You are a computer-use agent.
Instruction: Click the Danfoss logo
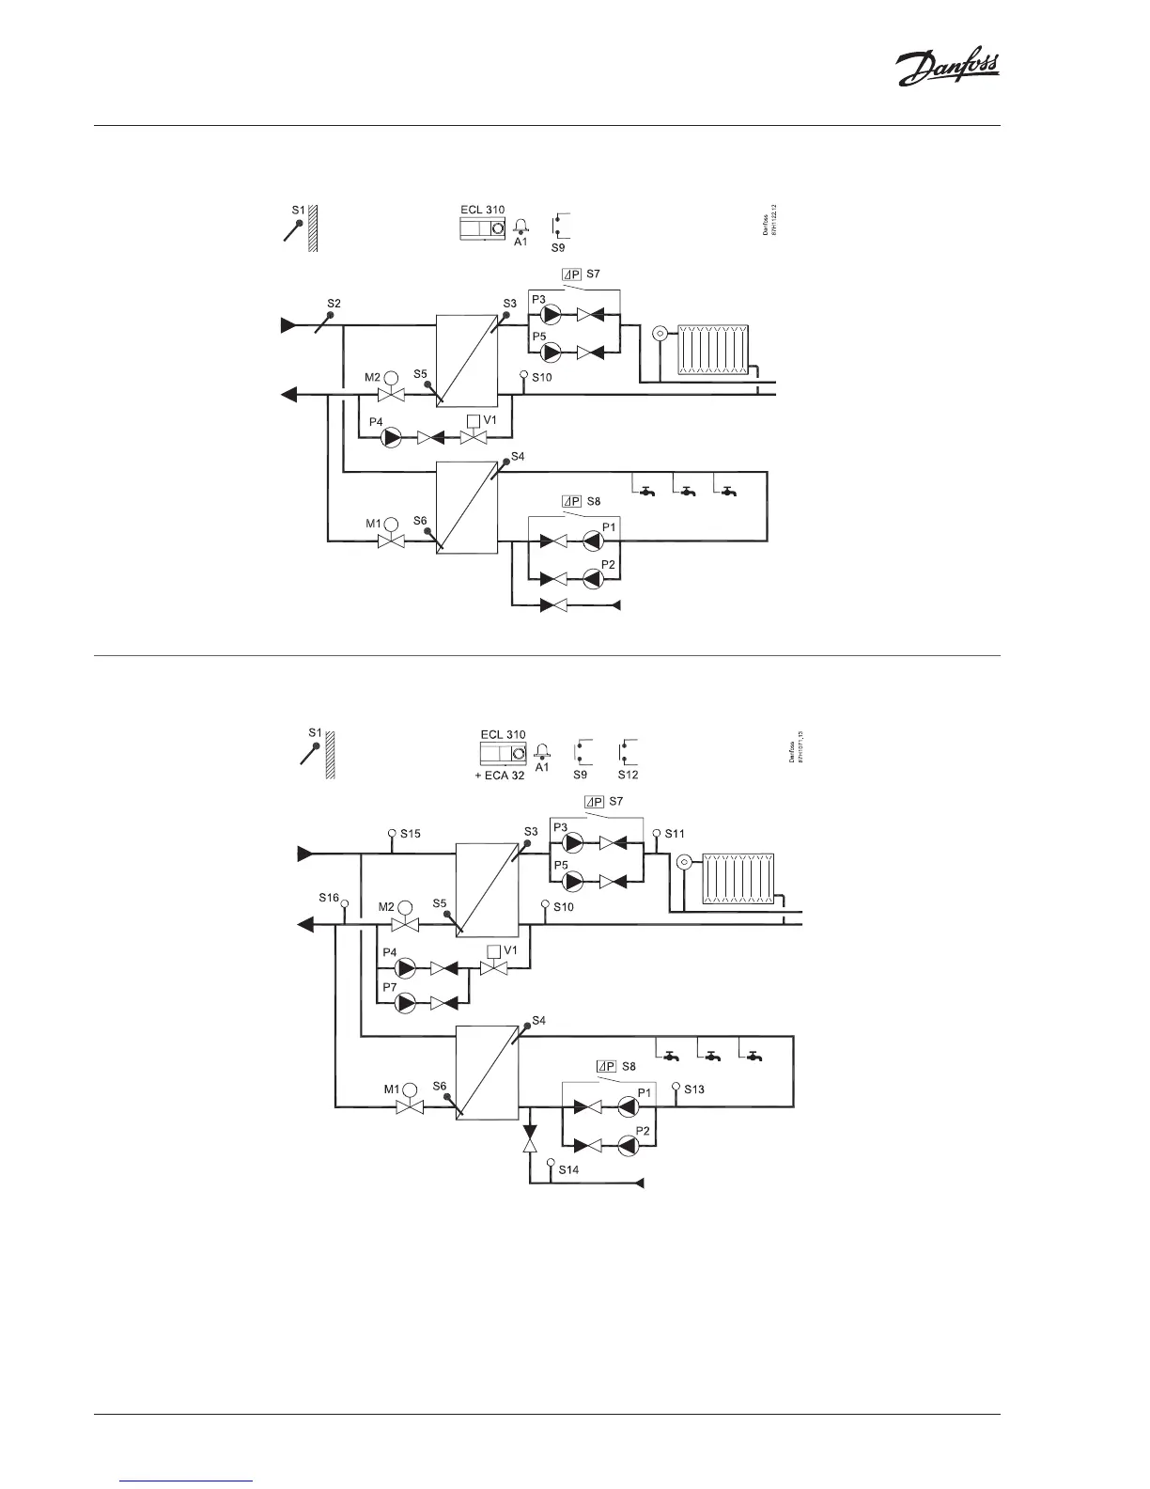pyautogui.click(x=946, y=69)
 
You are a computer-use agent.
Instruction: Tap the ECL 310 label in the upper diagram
pyautogui.click(x=482, y=210)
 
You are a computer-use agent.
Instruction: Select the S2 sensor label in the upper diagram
pyautogui.click(x=334, y=303)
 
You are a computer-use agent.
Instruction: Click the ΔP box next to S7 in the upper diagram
pyautogui.click(x=571, y=274)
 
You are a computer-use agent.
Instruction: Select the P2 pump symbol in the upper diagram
pyautogui.click(x=593, y=578)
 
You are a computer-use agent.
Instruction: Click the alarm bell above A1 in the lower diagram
pyautogui.click(x=541, y=750)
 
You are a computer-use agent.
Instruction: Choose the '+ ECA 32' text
pyautogui.click(x=499, y=776)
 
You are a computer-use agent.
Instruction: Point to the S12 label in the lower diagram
pyautogui.click(x=628, y=775)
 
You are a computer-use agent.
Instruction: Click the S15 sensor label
pyautogui.click(x=411, y=833)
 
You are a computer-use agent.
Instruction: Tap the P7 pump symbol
pyautogui.click(x=406, y=1003)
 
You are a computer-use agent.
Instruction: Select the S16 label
pyautogui.click(x=328, y=898)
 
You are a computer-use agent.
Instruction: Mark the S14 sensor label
pyautogui.click(x=568, y=1170)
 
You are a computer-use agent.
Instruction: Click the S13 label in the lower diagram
pyautogui.click(x=694, y=1089)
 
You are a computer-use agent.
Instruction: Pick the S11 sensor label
pyautogui.click(x=675, y=833)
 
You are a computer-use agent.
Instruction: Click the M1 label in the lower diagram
pyautogui.click(x=392, y=1089)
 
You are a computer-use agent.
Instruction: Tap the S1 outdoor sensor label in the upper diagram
pyautogui.click(x=297, y=210)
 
